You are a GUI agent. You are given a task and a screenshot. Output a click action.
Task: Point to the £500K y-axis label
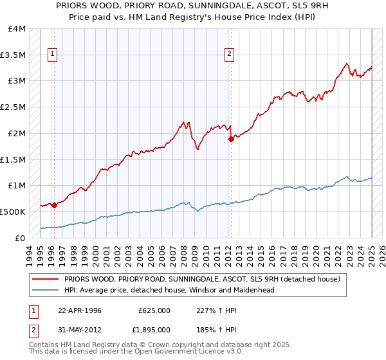click(13, 212)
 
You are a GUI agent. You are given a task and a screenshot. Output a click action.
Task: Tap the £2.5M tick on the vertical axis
click(13, 107)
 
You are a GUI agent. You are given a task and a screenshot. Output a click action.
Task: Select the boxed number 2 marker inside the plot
click(229, 55)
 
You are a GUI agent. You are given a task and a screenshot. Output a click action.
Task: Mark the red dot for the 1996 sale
click(54, 205)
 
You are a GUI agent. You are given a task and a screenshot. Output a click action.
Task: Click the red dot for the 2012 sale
click(231, 139)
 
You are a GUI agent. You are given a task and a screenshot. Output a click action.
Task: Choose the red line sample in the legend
click(45, 280)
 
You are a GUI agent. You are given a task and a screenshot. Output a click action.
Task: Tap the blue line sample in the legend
click(45, 290)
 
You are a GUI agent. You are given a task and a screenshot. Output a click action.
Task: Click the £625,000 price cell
click(154, 310)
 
